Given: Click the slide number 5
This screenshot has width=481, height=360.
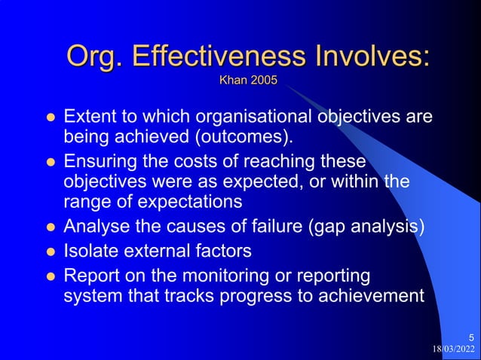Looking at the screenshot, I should pos(471,337).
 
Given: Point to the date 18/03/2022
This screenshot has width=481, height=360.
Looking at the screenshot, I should pos(454,349).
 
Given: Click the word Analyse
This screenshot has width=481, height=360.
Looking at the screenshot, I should pos(93,227).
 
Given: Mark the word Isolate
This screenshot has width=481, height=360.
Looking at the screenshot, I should pos(90,249).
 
